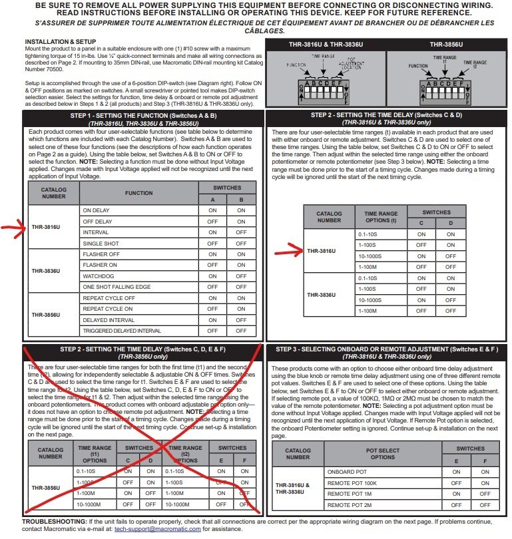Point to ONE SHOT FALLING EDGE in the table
117,286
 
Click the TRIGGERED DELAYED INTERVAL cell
121,331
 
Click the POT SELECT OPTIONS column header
382,453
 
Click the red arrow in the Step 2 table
292,251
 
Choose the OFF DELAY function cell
97,221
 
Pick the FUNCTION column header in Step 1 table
143,193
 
